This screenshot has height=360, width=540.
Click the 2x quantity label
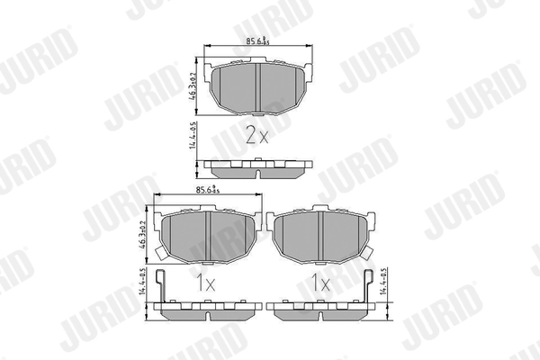257,136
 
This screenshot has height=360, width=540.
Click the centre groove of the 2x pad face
258,88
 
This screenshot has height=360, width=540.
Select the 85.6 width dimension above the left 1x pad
209,190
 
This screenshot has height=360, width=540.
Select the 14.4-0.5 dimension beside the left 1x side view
142,288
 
